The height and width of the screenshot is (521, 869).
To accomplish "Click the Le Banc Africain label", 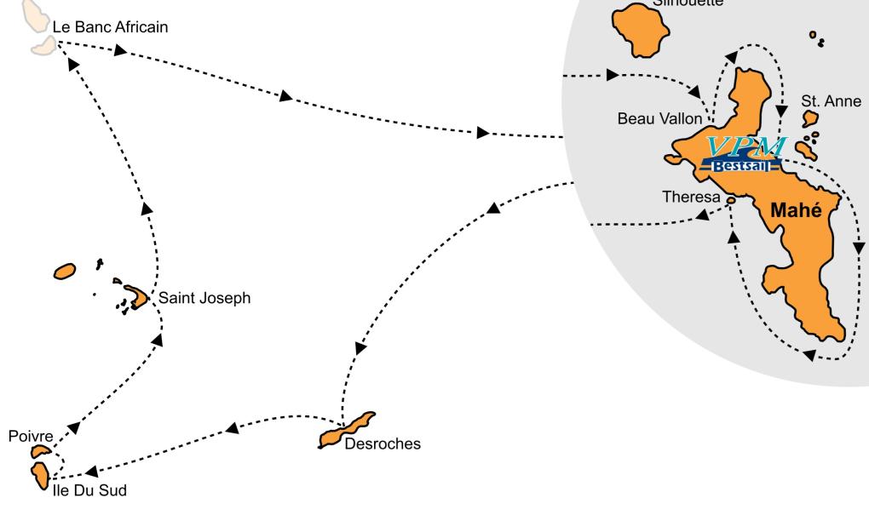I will click(111, 26).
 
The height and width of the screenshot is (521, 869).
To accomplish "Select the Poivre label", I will click(27, 436).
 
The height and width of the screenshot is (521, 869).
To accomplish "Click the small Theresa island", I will click(731, 200).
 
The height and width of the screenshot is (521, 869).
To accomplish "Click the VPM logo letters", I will click(746, 146).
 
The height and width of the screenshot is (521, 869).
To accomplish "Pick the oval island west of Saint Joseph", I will click(66, 271).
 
